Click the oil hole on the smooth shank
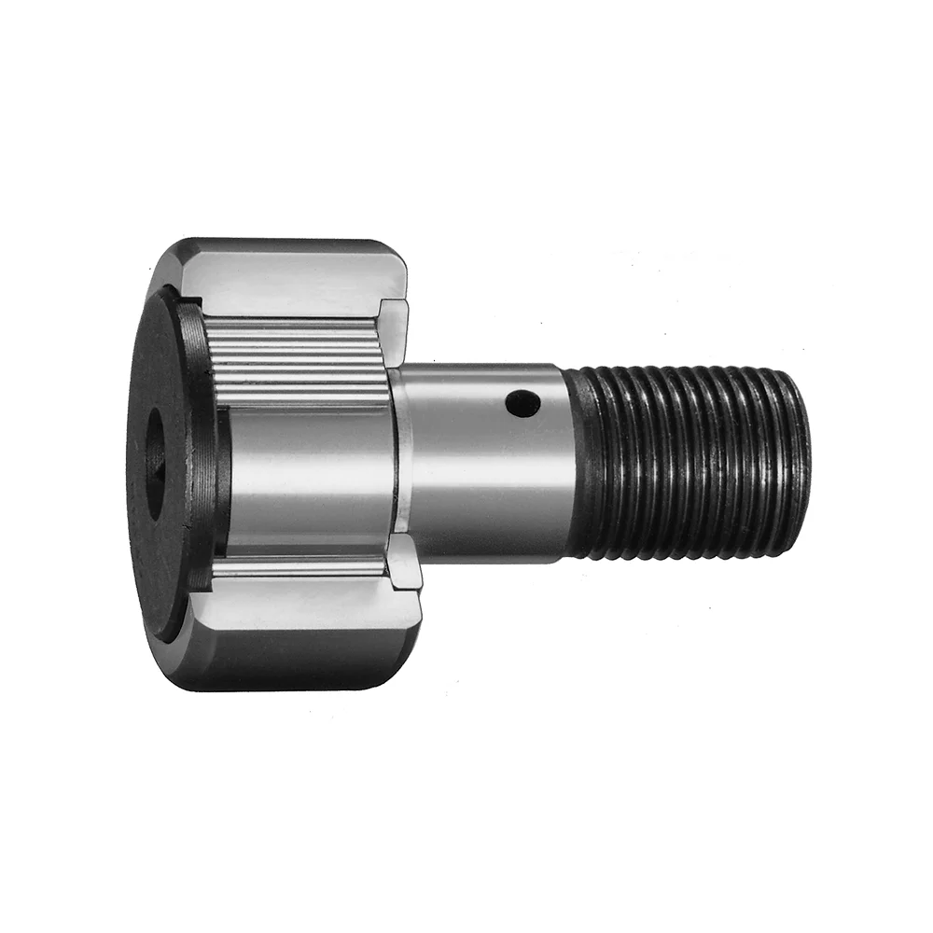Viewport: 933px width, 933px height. [x=523, y=404]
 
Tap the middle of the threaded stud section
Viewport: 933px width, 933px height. [x=690, y=462]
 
